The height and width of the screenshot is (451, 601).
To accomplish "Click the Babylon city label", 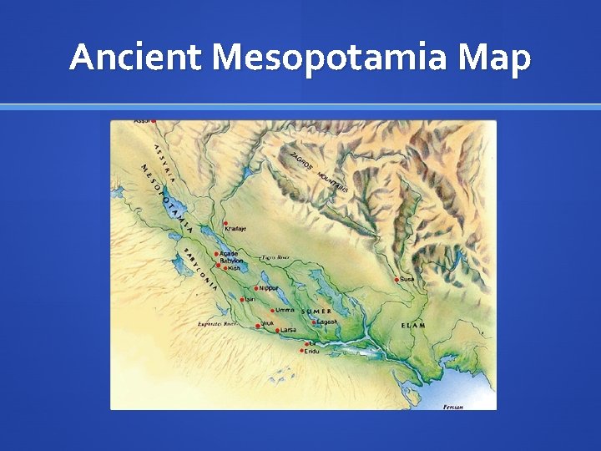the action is [232, 261].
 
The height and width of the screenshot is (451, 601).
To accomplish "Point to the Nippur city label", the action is [269, 287].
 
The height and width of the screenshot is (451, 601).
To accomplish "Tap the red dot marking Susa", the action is [396, 280].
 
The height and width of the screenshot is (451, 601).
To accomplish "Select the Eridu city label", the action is [311, 351].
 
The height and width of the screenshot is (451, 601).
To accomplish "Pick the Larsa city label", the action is [288, 330].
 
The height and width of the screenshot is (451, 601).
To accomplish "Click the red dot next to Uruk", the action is [257, 326].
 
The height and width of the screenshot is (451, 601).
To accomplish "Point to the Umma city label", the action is [285, 310].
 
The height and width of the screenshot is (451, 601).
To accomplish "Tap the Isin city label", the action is [249, 298].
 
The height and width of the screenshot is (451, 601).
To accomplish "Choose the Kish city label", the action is [235, 268].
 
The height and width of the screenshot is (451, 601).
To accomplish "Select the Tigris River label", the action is [276, 258].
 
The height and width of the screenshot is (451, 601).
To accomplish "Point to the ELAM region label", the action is [413, 325].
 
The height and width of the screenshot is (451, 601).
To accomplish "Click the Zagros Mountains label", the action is [318, 172].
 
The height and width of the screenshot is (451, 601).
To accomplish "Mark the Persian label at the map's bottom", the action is [453, 407].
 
